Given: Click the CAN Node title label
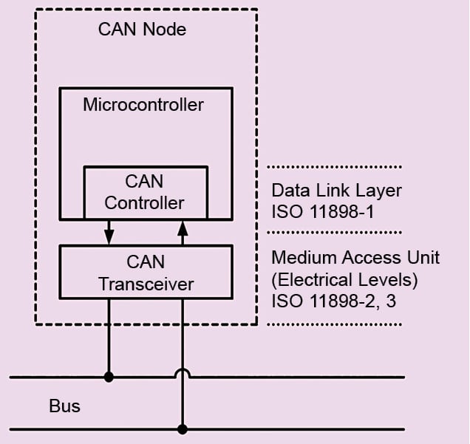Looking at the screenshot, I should [142, 30].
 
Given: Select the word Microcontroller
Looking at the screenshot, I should [143, 104].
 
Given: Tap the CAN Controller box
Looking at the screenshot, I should [145, 191].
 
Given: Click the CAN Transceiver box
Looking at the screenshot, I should [145, 273].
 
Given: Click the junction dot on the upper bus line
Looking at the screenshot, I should [109, 377].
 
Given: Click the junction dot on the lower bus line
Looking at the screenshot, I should [182, 428].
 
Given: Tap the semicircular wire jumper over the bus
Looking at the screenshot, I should [182, 372].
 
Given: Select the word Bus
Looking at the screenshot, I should [64, 406].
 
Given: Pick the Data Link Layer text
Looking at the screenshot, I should [336, 191].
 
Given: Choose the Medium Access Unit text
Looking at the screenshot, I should [355, 257].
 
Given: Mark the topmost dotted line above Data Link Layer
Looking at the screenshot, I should [334, 166].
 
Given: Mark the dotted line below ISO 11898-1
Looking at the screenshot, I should [334, 232].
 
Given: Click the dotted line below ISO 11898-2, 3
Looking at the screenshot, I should [334, 324].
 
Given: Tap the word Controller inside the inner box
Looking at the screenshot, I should [145, 202].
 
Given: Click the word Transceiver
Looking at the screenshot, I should [146, 284].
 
